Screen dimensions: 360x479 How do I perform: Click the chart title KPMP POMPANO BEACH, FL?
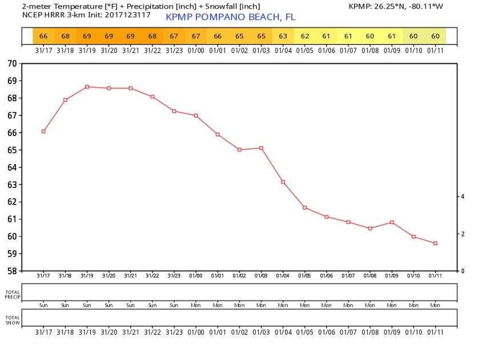pyautogui.click(x=230, y=17)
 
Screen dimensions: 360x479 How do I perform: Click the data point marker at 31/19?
pyautogui.click(x=87, y=87)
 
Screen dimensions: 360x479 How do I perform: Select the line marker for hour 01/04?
pyautogui.click(x=283, y=182)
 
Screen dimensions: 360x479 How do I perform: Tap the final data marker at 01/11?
pyautogui.click(x=435, y=243)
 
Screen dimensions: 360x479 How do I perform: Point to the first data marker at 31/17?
pyautogui.click(x=43, y=131)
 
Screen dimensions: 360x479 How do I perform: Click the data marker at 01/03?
pyautogui.click(x=261, y=148)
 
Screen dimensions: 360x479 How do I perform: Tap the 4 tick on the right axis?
pyautogui.click(x=462, y=196)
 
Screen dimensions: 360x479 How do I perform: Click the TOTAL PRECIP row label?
pyautogui.click(x=12, y=294)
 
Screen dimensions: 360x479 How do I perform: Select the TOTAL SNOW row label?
pyautogui.click(x=12, y=319)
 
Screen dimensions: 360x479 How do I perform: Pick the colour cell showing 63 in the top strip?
pyautogui.click(x=283, y=37)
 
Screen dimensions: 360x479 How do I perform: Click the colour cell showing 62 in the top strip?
pyautogui.click(x=305, y=37)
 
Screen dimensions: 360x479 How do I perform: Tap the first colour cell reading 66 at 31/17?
pyautogui.click(x=43, y=37)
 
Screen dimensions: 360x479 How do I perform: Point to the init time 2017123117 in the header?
pyautogui.click(x=128, y=14)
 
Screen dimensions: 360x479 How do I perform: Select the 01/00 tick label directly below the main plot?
pyautogui.click(x=196, y=276)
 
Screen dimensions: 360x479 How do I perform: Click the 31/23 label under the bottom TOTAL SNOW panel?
pyautogui.click(x=174, y=331)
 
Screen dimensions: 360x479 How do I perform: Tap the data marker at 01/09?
pyautogui.click(x=392, y=222)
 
